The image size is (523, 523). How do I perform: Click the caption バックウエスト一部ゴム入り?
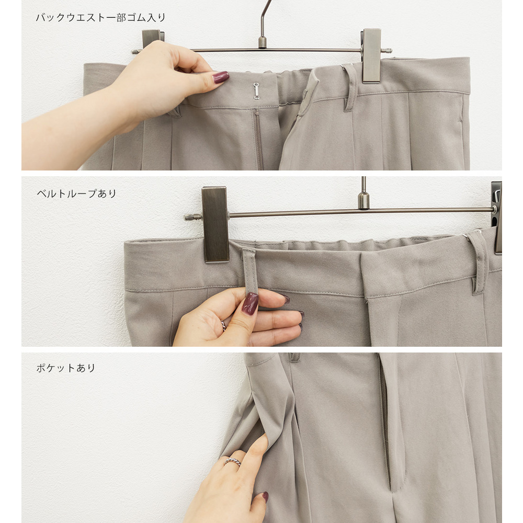click(x=100, y=18)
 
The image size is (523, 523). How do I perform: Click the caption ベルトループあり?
click(x=76, y=194)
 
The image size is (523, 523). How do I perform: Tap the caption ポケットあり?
click(x=66, y=368)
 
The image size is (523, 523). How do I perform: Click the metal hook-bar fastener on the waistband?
click(x=256, y=91)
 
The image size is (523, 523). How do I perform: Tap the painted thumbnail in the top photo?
click(x=221, y=77)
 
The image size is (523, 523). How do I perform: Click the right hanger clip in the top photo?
click(x=371, y=55)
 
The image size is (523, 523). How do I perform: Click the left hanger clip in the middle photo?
click(x=215, y=224)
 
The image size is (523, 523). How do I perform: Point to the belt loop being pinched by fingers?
click(x=249, y=271)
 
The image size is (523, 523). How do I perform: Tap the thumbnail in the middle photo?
click(x=250, y=303)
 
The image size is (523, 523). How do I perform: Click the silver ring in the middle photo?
click(x=223, y=325)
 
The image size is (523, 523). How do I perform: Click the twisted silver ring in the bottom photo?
click(x=233, y=462)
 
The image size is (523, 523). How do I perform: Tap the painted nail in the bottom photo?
click(x=266, y=497)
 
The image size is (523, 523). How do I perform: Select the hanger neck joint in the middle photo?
click(x=363, y=200)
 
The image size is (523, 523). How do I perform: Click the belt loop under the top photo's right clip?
click(x=349, y=88)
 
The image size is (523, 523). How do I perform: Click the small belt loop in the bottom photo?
click(x=294, y=358)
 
